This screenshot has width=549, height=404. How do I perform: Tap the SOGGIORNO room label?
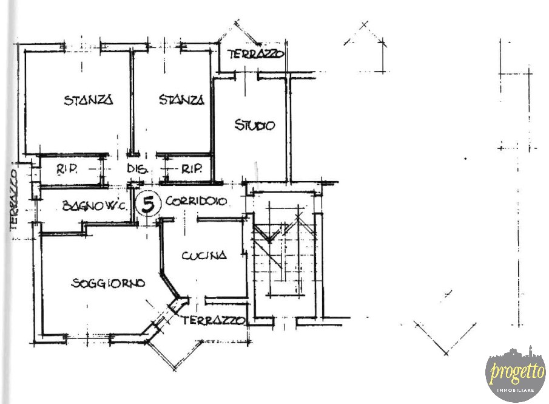click(x=108, y=283)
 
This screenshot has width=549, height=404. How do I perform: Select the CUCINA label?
click(x=204, y=255)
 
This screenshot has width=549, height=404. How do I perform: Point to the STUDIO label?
click(x=255, y=125)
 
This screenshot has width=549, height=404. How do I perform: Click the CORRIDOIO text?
click(x=196, y=201)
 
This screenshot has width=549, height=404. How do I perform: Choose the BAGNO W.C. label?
click(x=95, y=205)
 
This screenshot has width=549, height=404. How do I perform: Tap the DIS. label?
click(x=137, y=169)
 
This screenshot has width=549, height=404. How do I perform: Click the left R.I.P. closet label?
click(x=67, y=169)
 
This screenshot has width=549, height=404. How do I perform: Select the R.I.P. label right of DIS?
click(x=192, y=169)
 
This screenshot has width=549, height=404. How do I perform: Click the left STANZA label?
click(x=89, y=100)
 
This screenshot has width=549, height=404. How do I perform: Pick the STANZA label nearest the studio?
click(x=181, y=100)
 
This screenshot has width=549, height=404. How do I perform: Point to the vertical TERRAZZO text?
click(x=14, y=200)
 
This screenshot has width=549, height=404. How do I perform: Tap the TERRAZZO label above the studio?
click(x=255, y=54)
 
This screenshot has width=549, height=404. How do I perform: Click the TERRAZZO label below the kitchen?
click(x=212, y=320)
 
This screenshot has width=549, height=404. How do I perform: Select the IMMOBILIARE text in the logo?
click(x=516, y=390)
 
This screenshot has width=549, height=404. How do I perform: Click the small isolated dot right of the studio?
click(x=465, y=159)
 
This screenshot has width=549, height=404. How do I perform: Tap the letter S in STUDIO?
click(x=238, y=125)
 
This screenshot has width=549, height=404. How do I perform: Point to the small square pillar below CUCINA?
click(x=179, y=304)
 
